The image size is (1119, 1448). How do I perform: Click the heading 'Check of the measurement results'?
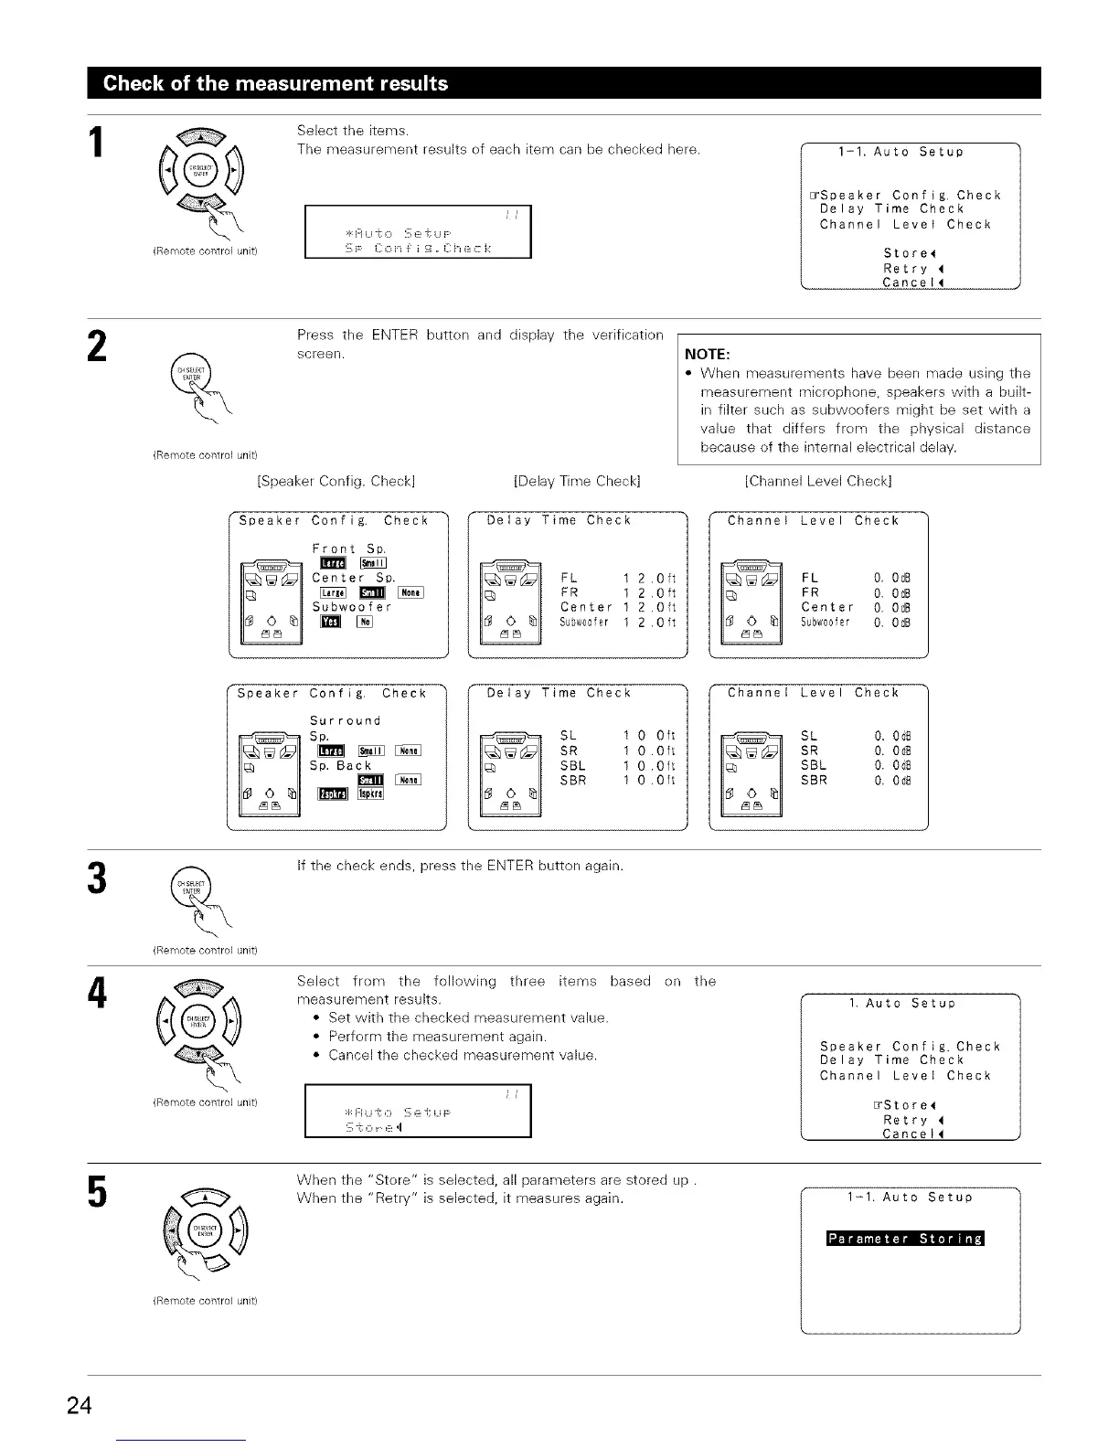[x=275, y=83]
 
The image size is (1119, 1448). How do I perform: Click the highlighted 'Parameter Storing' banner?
[x=904, y=1239]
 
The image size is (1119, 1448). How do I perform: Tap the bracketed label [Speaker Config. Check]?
[x=337, y=481]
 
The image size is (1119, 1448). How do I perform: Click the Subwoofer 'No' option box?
[x=366, y=623]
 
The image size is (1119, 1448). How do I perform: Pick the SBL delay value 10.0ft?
[x=648, y=766]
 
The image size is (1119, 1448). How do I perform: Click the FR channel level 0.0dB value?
[x=892, y=592]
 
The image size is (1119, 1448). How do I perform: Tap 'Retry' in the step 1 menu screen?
[x=905, y=269]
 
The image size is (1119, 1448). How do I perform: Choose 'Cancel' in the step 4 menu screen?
[x=911, y=1134]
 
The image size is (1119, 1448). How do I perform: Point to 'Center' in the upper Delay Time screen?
[x=586, y=608]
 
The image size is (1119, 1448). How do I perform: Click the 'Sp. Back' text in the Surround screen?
[x=340, y=766]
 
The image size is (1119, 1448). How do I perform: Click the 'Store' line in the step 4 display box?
[x=375, y=1127]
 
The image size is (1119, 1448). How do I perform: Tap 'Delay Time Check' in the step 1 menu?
[x=891, y=209]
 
